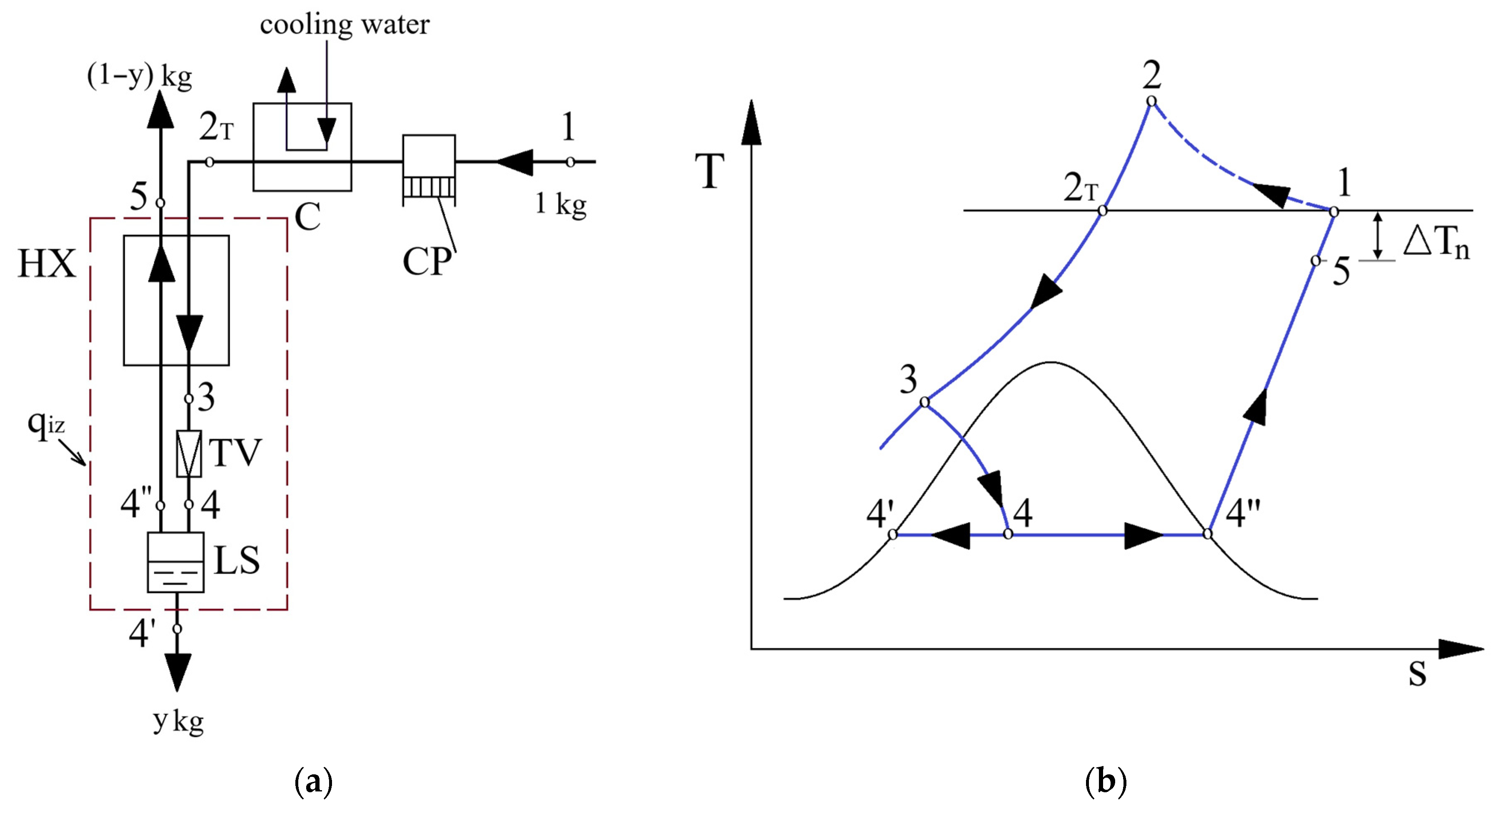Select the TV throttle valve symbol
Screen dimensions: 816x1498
189,454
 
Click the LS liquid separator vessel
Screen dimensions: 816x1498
176,562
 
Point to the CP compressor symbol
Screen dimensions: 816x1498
429,170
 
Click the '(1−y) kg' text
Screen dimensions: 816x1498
140,76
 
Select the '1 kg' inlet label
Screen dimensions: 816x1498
561,204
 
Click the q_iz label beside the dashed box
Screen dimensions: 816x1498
45,424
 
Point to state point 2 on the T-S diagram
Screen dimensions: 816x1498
1151,102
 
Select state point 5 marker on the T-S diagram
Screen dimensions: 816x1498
1316,261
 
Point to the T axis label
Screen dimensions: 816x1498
709,172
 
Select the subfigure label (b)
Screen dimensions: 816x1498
1106,782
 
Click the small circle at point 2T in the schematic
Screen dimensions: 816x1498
210,162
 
